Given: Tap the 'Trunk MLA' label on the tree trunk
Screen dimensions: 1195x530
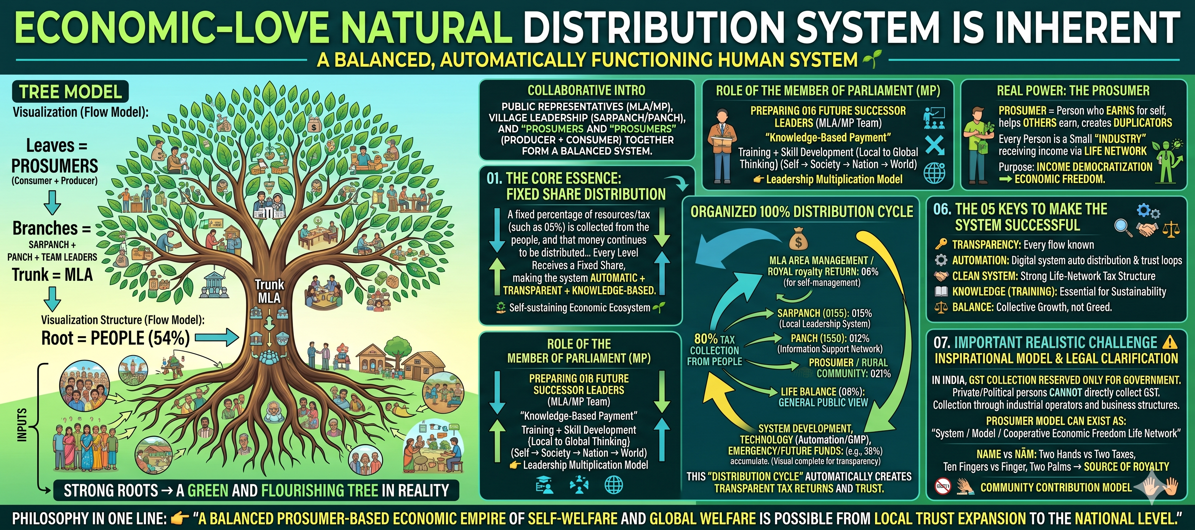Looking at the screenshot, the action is click(x=269, y=291).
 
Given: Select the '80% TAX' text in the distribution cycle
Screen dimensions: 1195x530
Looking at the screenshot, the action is click(x=715, y=339).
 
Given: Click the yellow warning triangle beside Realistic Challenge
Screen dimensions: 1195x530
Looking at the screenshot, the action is click(x=1170, y=342).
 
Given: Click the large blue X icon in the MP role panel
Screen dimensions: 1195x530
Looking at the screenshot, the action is click(x=934, y=145).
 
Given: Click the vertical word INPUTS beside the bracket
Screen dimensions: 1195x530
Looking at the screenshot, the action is click(x=22, y=424).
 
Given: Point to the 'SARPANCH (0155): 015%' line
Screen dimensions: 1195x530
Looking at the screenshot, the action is click(x=824, y=313).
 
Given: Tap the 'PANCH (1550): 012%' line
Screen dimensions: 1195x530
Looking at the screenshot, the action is click(x=830, y=338).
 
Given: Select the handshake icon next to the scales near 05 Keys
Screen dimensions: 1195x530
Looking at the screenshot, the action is click(x=1147, y=228).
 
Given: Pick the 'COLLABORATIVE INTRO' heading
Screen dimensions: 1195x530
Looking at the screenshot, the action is click(x=586, y=90).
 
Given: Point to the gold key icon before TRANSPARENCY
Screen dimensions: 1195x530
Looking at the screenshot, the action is click(x=941, y=244).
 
